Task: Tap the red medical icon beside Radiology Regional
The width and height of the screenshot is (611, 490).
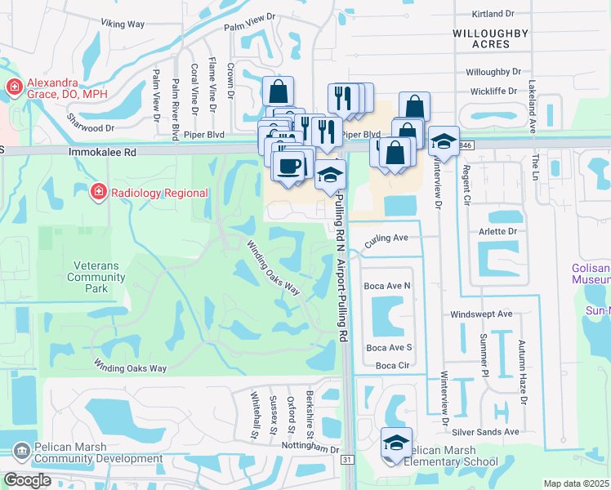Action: pos(97,192)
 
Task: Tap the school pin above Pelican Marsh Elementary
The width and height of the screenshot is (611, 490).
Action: pos(396,443)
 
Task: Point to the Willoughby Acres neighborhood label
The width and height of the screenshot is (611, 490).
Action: pos(490,39)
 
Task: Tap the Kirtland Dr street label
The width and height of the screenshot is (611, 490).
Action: pos(494,14)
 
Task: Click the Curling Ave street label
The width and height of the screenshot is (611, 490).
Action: pos(386,238)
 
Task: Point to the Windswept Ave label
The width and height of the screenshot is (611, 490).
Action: pos(481,314)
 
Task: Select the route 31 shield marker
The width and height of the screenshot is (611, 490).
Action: pos(346,461)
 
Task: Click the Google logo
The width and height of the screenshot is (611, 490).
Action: pos(27,480)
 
